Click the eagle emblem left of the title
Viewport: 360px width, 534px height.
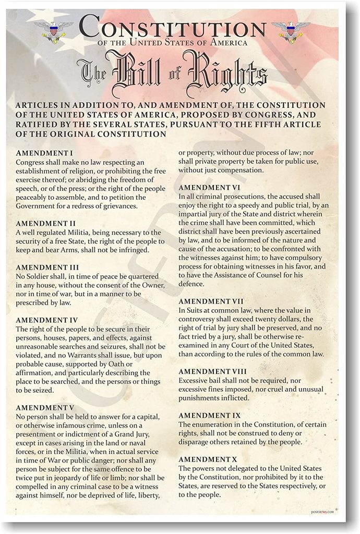coord(54,31)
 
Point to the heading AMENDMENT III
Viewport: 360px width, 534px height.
coord(47,267)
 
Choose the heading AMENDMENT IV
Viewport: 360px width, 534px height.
coord(47,320)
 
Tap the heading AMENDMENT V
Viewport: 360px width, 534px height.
coord(45,407)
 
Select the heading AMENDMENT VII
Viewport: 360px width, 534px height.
coord(211,301)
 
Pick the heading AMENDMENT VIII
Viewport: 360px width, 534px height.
coord(213,371)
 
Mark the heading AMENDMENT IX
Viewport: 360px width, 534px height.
coord(209,415)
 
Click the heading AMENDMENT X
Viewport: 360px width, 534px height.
coord(207,459)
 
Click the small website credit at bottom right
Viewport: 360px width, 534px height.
coord(323,513)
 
